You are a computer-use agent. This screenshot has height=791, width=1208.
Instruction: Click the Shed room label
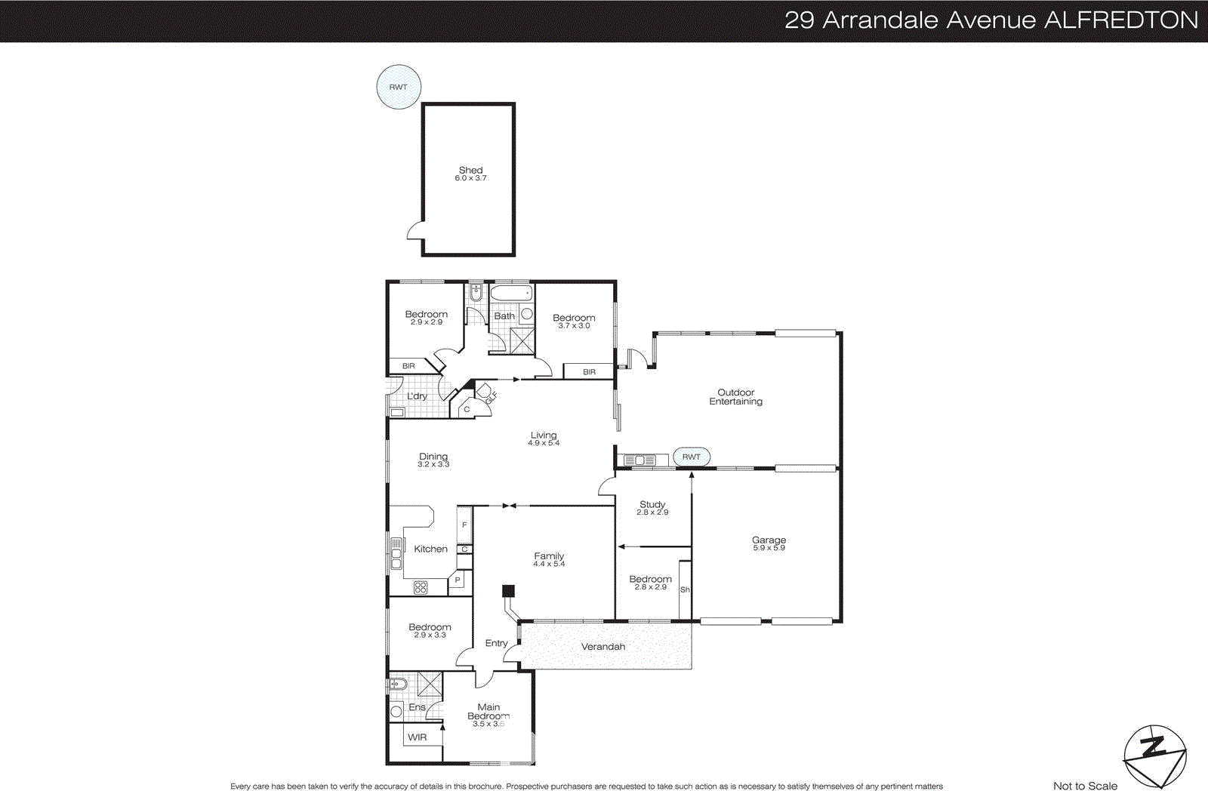point(470,171)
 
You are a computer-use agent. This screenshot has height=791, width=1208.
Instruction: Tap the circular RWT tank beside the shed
point(398,87)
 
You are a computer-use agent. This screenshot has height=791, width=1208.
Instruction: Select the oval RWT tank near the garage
point(691,457)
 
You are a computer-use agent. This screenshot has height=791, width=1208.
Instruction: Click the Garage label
point(769,540)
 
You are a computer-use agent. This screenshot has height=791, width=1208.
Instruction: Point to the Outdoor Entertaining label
point(735,397)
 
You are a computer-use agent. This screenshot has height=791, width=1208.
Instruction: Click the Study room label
point(652,504)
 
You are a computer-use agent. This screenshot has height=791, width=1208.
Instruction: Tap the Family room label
point(549,556)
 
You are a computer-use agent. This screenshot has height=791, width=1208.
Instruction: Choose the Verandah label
point(602,647)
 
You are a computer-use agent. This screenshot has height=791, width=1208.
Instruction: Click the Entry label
point(496,643)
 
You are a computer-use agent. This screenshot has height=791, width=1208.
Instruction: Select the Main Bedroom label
point(488,712)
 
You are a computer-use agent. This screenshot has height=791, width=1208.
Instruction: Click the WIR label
point(417,737)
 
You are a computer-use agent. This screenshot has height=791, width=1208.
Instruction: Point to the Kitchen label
point(430,549)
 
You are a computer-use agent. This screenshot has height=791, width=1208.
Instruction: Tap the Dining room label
point(433,457)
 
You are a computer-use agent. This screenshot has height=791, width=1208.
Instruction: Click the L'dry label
point(417,395)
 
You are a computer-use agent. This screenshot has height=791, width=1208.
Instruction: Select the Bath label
point(504,316)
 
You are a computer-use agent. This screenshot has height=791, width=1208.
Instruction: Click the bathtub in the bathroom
point(511,294)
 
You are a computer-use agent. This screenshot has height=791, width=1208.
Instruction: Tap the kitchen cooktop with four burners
point(421,587)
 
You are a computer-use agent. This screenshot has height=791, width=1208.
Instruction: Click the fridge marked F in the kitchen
point(464,524)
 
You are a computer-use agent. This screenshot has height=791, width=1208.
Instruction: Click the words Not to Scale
point(1085,786)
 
